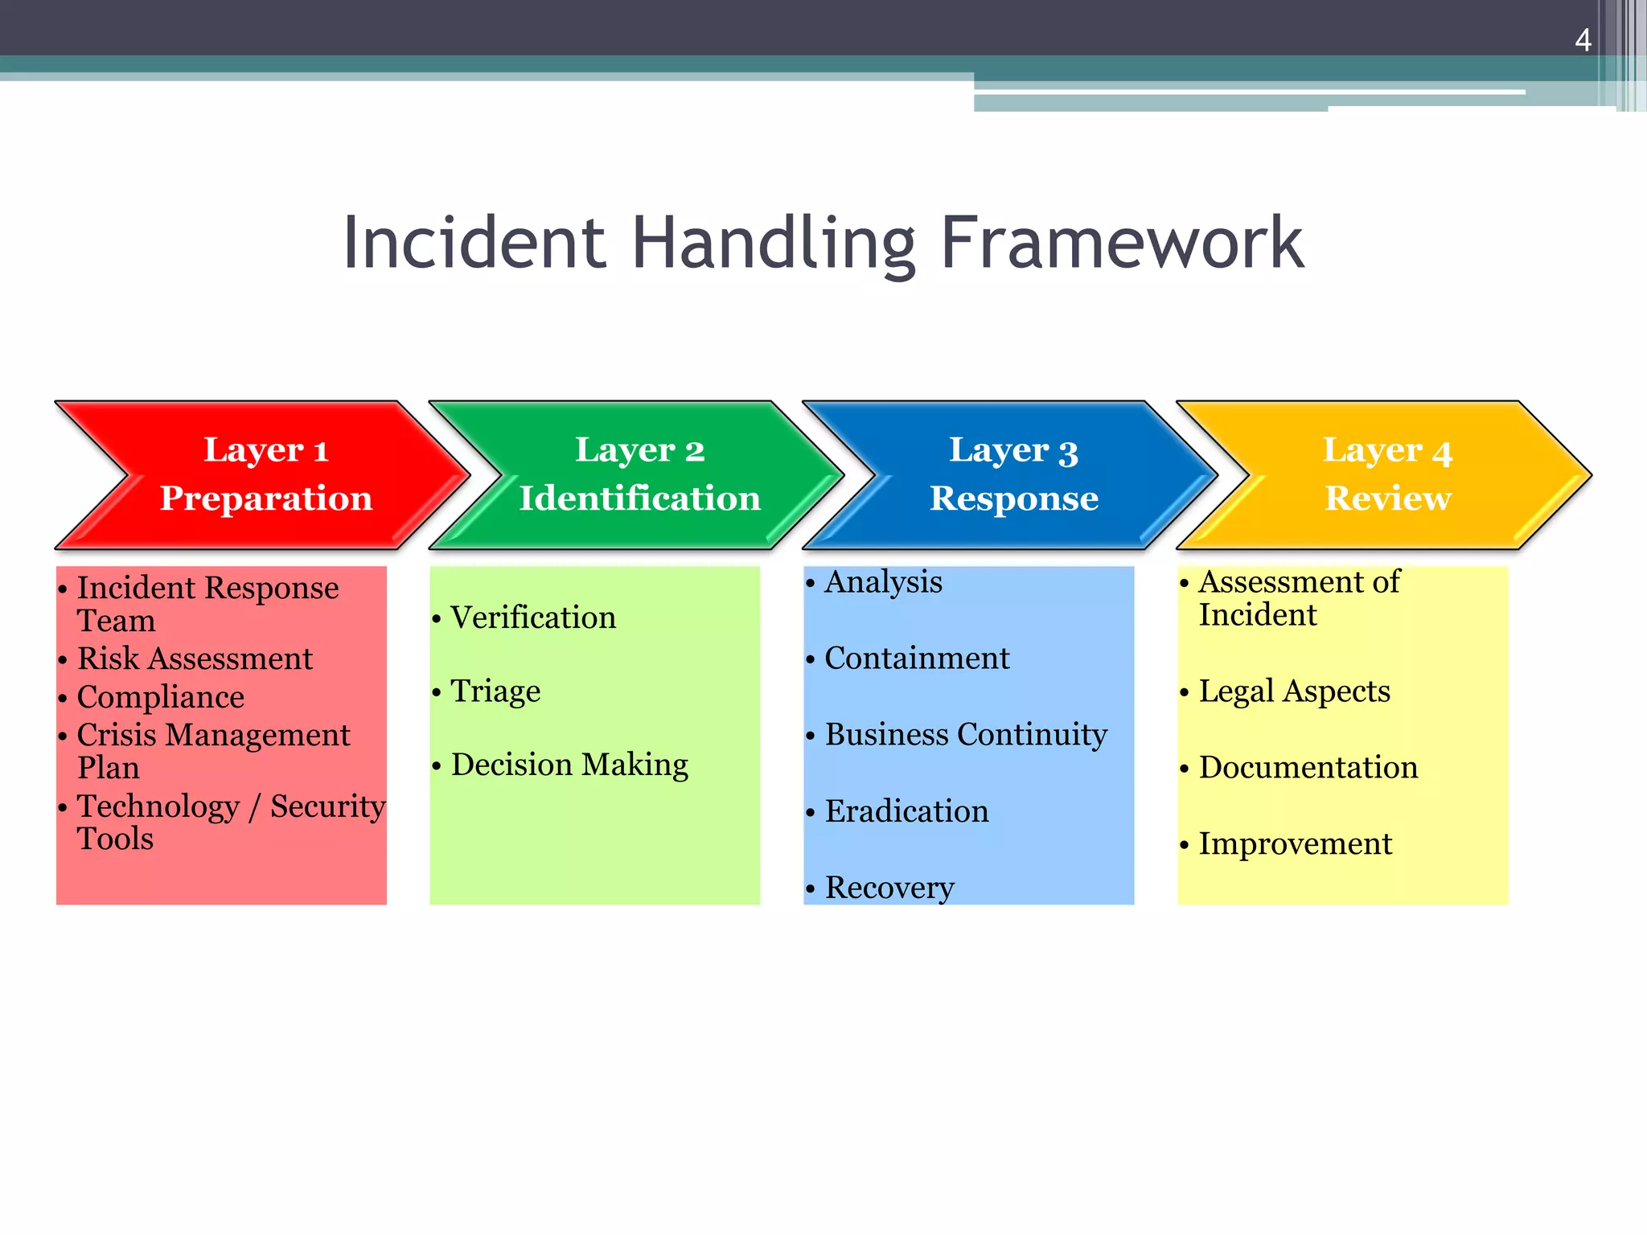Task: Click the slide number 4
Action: coord(1583,40)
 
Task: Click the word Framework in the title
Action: coord(1121,243)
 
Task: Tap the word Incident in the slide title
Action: coord(474,243)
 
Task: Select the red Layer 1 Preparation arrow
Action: coord(265,474)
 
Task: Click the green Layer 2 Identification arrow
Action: coord(639,474)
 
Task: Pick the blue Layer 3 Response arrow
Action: coord(1013,474)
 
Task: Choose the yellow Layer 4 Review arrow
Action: coord(1387,474)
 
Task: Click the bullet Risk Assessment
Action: coord(195,659)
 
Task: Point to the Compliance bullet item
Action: coord(160,697)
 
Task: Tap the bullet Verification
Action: coord(532,617)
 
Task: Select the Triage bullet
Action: coord(495,691)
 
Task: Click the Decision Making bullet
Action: coord(569,765)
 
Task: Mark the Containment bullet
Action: coord(916,659)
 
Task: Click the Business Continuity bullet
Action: coord(965,735)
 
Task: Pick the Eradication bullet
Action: coord(906,811)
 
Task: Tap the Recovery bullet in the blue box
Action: coord(889,888)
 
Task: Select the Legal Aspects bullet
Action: coord(1294,691)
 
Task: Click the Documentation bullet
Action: coord(1308,768)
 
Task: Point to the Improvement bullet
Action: coord(1295,844)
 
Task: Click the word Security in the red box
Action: coord(327,806)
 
